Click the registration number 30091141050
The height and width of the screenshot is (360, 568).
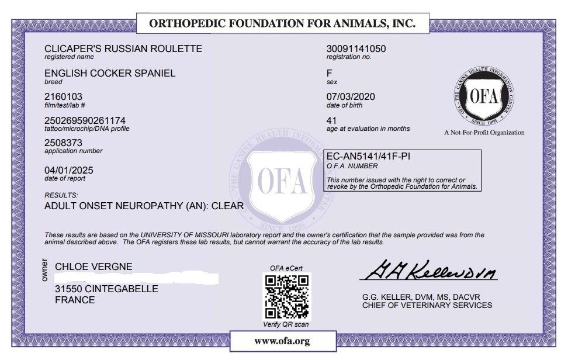356,49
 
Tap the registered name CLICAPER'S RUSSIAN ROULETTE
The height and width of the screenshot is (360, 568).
123,49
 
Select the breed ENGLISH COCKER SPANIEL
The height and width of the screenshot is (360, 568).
110,73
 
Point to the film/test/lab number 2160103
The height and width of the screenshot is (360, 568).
64,96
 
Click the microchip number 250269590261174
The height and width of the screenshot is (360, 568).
85,120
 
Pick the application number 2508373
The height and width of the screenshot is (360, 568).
64,143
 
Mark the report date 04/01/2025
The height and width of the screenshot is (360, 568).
68,170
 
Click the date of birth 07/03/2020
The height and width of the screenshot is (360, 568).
351,97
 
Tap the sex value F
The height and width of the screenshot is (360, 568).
329,74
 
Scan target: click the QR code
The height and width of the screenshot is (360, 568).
288,296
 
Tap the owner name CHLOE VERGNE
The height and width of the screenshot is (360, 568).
93,267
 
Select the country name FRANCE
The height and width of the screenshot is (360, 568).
75,300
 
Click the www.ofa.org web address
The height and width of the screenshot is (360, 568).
282,341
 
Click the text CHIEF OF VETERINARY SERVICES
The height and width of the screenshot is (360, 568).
427,305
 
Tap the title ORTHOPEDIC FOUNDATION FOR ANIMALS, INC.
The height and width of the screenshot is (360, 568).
282,24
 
